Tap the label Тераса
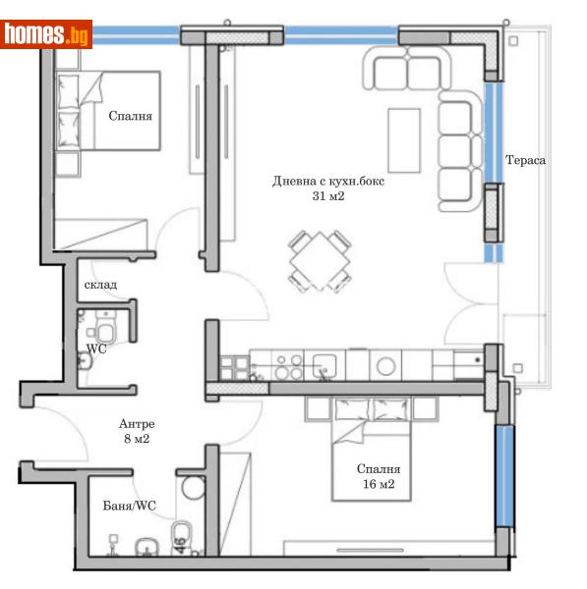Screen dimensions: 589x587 [x=525, y=160]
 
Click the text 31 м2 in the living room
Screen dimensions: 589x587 [x=328, y=196]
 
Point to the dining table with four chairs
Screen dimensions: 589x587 [x=321, y=261]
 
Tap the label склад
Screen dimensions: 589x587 [x=100, y=285]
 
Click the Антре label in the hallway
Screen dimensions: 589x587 [x=136, y=424]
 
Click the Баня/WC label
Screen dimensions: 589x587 [x=130, y=507]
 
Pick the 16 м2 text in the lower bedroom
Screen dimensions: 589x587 [x=379, y=484]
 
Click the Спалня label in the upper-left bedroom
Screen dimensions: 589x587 [x=131, y=115]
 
